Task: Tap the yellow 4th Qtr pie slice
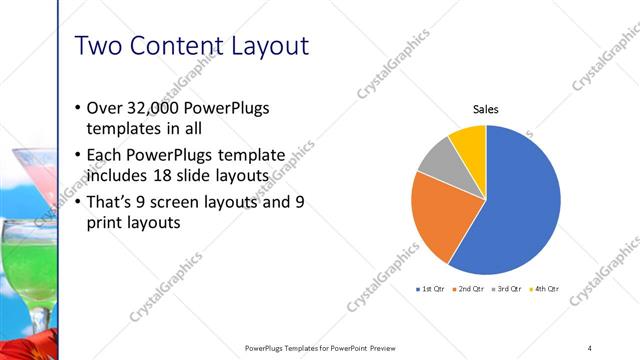469,141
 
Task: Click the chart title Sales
486,109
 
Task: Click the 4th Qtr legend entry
548,289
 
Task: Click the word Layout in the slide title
262,46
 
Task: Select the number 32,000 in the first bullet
153,108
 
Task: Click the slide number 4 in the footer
590,348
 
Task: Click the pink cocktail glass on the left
40,180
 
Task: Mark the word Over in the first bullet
105,108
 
